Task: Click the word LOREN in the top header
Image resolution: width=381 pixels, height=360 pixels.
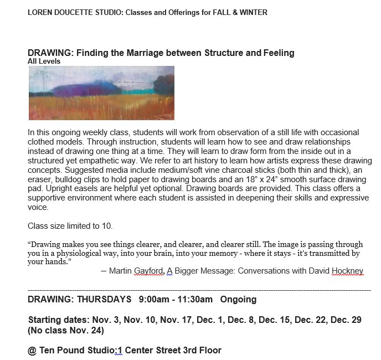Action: pyautogui.click(x=40, y=13)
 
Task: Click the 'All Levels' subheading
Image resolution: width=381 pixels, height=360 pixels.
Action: pyautogui.click(x=44, y=61)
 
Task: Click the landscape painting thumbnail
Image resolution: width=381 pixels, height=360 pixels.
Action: pyautogui.click(x=101, y=93)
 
